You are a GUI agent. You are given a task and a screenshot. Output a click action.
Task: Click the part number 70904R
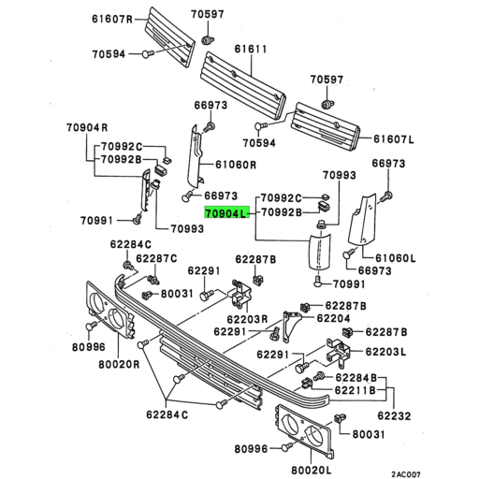pos(87,128)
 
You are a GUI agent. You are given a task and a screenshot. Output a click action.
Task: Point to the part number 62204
pos(333,318)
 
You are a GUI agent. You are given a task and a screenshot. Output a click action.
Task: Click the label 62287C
pos(156,258)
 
